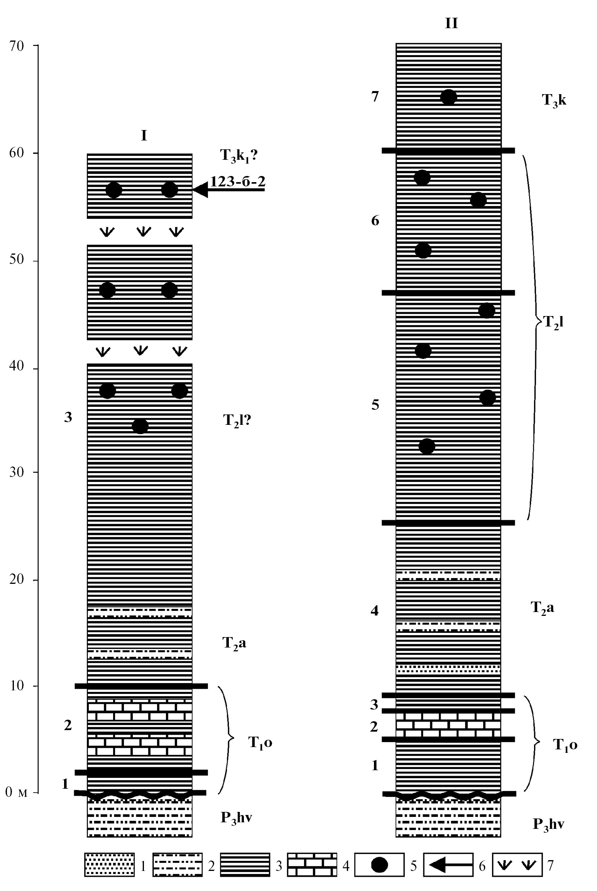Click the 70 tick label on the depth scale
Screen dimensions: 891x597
point(17,46)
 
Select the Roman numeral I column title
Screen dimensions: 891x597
point(144,135)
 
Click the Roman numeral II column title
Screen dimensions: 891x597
point(451,24)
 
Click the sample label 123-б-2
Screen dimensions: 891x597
point(238,181)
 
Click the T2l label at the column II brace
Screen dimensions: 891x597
point(553,322)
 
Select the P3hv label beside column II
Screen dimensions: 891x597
point(548,824)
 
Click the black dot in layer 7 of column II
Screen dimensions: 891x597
point(448,97)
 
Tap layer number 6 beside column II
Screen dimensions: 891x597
point(375,221)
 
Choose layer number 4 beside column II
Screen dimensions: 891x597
point(374,611)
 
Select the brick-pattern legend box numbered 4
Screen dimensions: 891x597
point(312,864)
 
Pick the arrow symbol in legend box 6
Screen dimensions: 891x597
point(448,864)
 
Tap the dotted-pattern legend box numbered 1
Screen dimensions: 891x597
point(110,864)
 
